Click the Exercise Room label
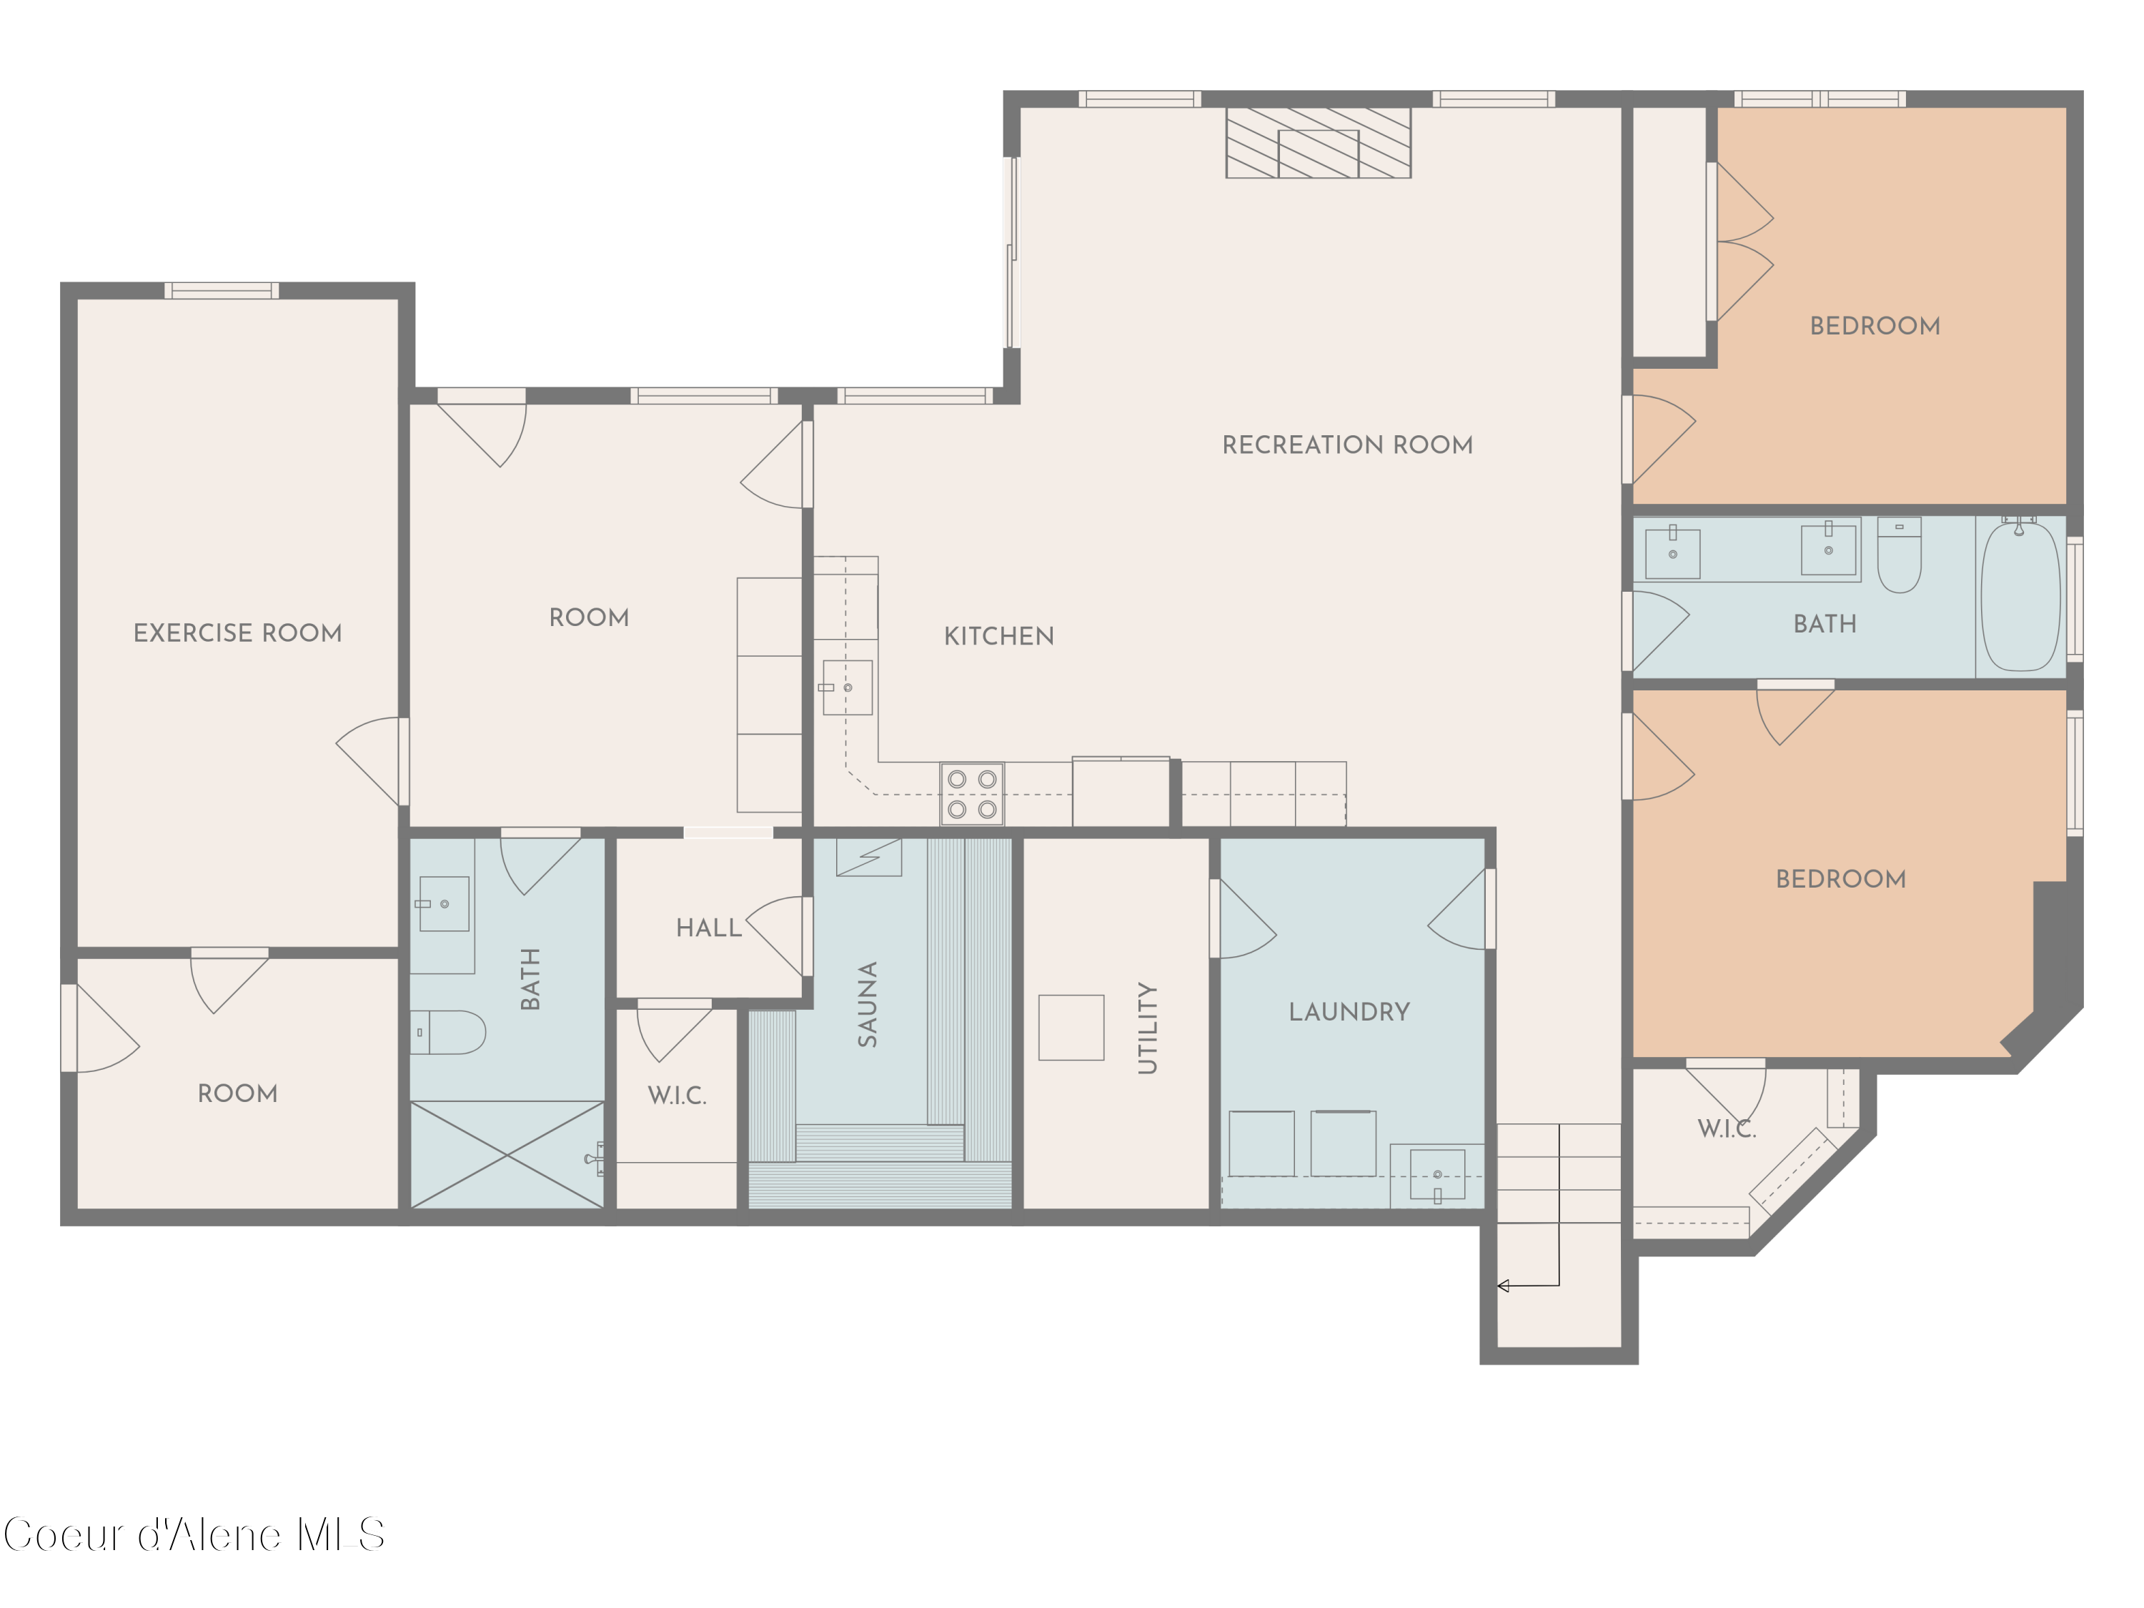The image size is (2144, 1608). pyautogui.click(x=237, y=633)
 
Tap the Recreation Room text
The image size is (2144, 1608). pyautogui.click(x=1346, y=445)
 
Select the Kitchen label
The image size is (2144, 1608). pyautogui.click(x=998, y=636)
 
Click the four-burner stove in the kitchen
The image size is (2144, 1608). pyautogui.click(x=972, y=794)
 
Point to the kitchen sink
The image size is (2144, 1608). pyautogui.click(x=847, y=688)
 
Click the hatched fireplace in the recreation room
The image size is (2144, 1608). pyautogui.click(x=1318, y=142)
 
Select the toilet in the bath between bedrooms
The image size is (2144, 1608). pyautogui.click(x=1899, y=555)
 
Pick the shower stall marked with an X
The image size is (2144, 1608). pyautogui.click(x=507, y=1154)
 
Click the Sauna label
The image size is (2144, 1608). pyautogui.click(x=868, y=1003)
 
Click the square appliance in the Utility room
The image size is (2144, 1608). pyautogui.click(x=1071, y=1028)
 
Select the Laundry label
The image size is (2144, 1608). pyautogui.click(x=1349, y=1012)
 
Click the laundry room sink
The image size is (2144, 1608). pyautogui.click(x=1436, y=1176)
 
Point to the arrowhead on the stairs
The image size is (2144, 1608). pyautogui.click(x=1504, y=1286)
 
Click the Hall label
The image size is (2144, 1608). pyautogui.click(x=708, y=928)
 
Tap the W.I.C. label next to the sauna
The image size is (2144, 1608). pyautogui.click(x=677, y=1096)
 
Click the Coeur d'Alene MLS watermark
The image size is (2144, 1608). pyautogui.click(x=194, y=1535)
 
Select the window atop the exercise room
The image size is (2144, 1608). pyautogui.click(x=221, y=290)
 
